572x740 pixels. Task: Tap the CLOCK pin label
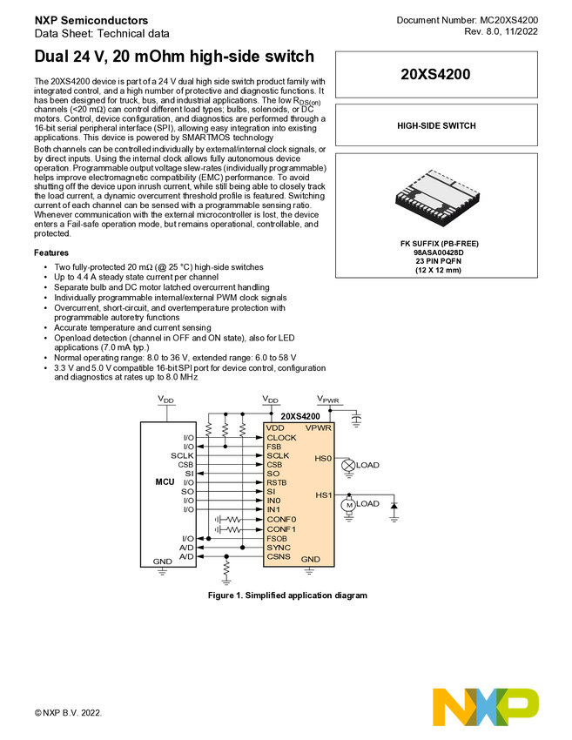[x=282, y=437]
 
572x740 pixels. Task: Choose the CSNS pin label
[x=279, y=555]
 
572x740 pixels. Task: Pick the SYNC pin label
[x=279, y=547]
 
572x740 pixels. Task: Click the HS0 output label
[x=323, y=458]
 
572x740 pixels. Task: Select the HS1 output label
[x=323, y=495]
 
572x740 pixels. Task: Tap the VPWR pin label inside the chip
[x=319, y=428]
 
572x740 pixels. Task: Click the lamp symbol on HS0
[x=348, y=465]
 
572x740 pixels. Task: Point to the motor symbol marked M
[x=349, y=504]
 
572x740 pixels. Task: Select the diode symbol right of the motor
[x=394, y=504]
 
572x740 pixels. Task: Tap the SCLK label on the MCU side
[x=183, y=455]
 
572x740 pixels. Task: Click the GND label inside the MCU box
[x=162, y=561]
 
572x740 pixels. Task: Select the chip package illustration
[x=436, y=198]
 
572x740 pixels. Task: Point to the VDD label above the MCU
[x=165, y=399]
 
